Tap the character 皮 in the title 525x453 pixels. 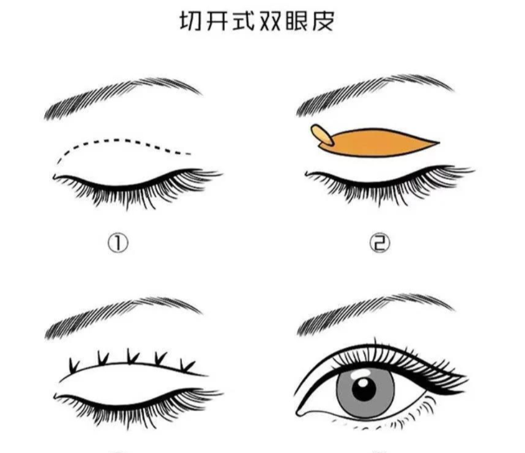click(324, 21)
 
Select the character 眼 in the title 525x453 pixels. click(296, 21)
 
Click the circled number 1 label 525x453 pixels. click(118, 243)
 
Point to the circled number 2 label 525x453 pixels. click(380, 243)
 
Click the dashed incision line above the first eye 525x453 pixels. click(121, 141)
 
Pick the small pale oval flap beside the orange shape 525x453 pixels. click(322, 135)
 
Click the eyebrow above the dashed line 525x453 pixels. click(122, 98)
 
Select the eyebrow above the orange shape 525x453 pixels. click(374, 94)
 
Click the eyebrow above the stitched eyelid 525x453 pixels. click(122, 316)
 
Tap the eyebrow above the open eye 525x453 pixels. click(375, 314)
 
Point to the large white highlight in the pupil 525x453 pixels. click(363, 383)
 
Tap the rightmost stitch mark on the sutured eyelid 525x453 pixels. click(187, 366)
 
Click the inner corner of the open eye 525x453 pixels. click(298, 413)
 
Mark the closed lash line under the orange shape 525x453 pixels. click(388, 183)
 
